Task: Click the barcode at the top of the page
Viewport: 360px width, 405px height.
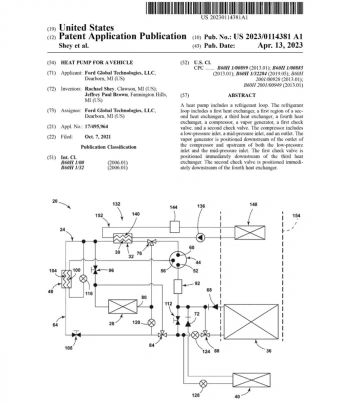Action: coord(224,8)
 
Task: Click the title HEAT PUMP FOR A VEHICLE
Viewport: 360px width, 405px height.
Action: coord(97,62)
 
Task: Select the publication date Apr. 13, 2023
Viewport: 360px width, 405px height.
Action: coord(280,45)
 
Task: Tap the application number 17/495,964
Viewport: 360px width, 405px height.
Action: coord(96,126)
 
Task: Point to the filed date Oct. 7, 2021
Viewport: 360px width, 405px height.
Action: coord(97,137)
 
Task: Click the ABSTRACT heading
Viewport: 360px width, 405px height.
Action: coord(241,95)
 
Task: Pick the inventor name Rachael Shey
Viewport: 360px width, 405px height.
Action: coord(99,89)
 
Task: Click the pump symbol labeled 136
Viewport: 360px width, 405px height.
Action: coord(200,237)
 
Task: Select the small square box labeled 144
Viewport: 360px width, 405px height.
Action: coord(174,227)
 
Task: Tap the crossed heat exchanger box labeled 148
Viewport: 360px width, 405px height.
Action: coord(249,232)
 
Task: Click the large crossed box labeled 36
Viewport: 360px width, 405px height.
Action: coord(251,321)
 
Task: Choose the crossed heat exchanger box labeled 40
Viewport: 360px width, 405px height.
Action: coord(251,380)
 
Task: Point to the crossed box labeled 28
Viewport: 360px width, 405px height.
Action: coord(122,306)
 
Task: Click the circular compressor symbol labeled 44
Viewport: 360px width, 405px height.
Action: coord(177,260)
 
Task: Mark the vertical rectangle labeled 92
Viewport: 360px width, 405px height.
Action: coord(177,286)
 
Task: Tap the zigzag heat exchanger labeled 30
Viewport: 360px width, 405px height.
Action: coord(122,238)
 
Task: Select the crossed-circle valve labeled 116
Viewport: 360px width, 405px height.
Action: coord(83,278)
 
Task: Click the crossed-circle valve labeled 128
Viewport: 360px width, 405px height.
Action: coord(203,383)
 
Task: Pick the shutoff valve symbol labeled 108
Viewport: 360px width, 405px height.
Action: coord(76,334)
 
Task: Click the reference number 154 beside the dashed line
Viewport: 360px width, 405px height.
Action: coord(296,215)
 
